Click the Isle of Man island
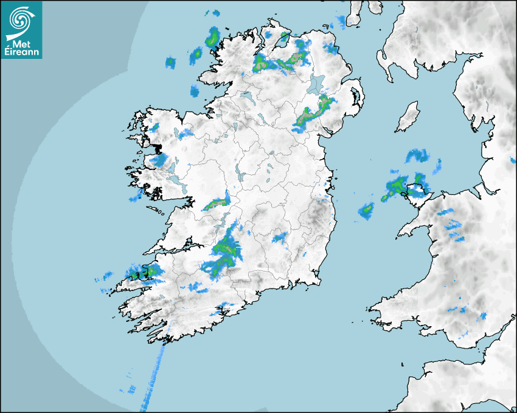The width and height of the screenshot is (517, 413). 408,117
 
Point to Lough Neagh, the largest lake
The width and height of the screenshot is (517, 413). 317,83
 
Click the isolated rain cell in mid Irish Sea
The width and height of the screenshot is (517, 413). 366,210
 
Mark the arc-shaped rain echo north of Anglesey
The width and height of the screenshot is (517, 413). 417,155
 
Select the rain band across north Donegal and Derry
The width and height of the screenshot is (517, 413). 280,63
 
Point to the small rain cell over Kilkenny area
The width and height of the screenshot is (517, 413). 281,237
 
